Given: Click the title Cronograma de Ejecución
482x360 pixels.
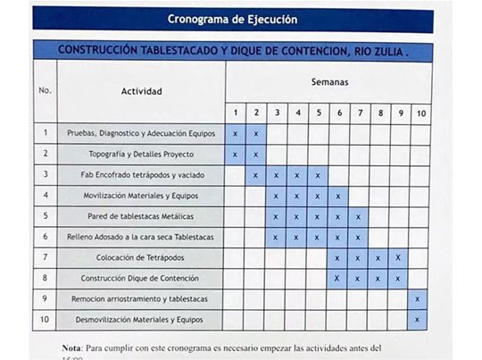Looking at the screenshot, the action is point(233,19).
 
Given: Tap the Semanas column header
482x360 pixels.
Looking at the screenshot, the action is point(329,81).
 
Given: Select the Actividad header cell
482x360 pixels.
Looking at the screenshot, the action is point(141,91).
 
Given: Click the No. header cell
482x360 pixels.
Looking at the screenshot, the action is point(45,91).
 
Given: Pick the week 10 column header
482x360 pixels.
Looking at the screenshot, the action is point(420,113).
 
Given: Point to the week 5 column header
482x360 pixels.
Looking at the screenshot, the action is point(318,113).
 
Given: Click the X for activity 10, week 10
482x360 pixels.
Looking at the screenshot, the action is point(418,319).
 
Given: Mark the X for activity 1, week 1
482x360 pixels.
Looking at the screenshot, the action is point(235,133).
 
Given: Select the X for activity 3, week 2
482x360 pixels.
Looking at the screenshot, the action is point(255,174).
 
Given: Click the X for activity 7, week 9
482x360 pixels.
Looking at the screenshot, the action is point(399,257).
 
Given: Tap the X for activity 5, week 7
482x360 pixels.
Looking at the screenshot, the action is point(359,216).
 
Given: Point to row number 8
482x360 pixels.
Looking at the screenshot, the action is point(45,278).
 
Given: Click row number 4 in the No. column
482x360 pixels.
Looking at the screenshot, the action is point(45,195).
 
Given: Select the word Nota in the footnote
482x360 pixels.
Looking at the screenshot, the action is point(71,347).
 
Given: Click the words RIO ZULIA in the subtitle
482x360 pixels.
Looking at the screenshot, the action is point(372,52).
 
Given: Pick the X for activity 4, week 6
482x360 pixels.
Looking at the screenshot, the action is point(338,196).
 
